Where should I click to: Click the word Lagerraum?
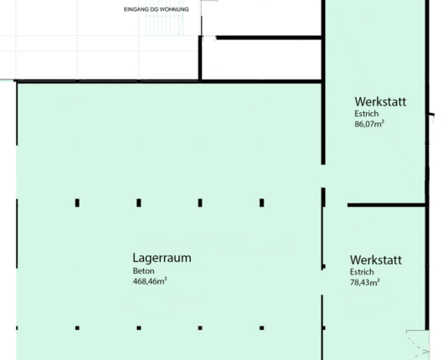point(162,258)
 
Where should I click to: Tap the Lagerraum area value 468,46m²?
point(150,281)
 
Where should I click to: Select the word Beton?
point(143,271)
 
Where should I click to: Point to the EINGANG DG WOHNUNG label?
point(157,9)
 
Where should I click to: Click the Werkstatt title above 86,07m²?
point(380,101)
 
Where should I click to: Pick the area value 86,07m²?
point(369,124)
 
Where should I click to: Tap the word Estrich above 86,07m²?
point(367,114)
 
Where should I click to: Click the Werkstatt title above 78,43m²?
point(376,260)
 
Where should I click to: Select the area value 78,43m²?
point(365,282)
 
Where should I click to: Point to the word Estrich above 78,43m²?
point(362,272)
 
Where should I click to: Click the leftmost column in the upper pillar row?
point(77,203)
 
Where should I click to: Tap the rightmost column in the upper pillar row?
point(262,203)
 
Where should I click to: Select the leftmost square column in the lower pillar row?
point(77,328)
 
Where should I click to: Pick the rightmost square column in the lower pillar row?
point(262,328)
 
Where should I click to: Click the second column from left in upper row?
point(139,203)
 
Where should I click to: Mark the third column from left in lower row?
point(200,328)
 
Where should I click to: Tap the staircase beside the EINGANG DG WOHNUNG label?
point(164,25)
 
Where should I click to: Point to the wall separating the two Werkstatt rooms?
point(386,205)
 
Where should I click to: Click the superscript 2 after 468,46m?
point(166,278)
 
